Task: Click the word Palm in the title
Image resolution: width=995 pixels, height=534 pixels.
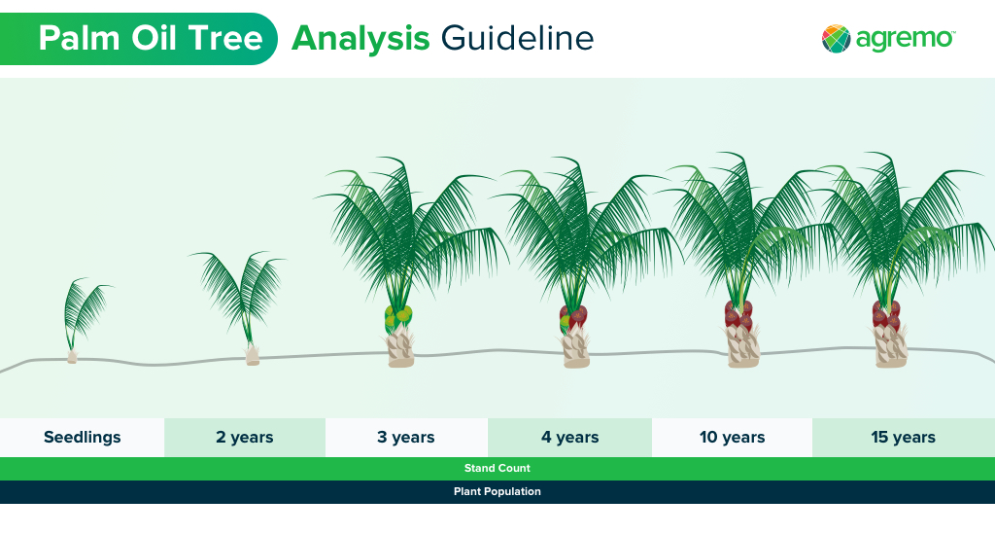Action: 80,38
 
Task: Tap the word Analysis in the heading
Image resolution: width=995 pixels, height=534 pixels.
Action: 360,39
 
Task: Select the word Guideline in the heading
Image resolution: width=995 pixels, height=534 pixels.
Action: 517,38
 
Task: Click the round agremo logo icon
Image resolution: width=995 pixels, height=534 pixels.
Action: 836,39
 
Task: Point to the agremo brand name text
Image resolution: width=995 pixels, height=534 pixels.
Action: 905,39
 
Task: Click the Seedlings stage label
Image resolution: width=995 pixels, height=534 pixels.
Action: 83,438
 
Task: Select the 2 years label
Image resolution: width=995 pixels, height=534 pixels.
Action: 244,438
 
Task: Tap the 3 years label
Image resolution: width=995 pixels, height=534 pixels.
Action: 406,438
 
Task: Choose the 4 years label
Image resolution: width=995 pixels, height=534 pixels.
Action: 569,438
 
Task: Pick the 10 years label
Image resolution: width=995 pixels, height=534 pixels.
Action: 733,438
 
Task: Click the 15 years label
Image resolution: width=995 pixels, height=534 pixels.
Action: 904,438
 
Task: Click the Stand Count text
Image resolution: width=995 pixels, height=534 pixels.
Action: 497,469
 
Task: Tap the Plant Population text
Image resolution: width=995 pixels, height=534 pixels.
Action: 497,491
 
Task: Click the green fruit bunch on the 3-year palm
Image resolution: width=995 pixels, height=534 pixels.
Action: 398,317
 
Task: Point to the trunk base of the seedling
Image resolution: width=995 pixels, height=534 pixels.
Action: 72,357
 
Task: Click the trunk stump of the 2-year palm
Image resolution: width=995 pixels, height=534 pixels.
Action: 253,356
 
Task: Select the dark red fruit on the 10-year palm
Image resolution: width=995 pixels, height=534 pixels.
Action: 738,314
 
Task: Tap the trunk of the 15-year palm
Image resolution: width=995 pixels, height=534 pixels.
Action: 890,346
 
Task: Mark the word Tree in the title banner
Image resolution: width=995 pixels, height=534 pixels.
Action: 225,38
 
